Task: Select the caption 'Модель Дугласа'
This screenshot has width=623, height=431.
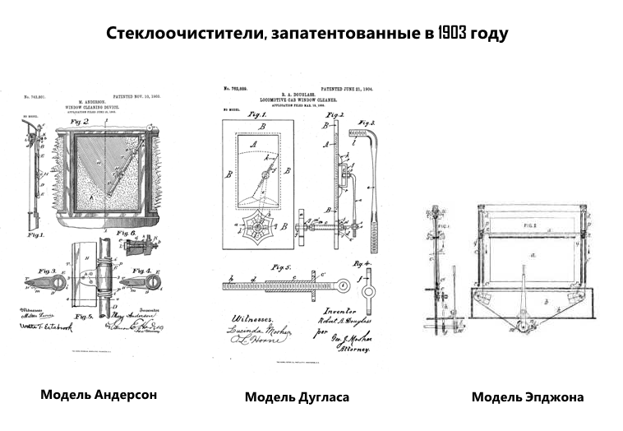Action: (297, 397)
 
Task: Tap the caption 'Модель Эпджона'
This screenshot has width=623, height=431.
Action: (527, 397)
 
